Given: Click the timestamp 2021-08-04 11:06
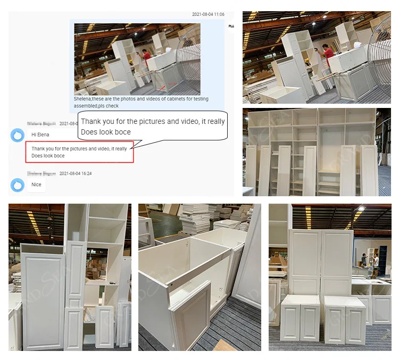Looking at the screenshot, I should pos(208,14).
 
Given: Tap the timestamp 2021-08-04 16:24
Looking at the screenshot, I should pos(76,173).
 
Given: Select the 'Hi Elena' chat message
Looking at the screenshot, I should pos(40,135).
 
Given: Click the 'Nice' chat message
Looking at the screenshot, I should pos(36,185).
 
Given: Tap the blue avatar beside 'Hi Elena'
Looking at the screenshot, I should pos(18,135).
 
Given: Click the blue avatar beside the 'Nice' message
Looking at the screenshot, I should pos(18,185).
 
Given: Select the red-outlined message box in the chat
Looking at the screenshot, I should pos(79,152).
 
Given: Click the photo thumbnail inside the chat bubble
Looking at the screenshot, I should pos(137,58).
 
